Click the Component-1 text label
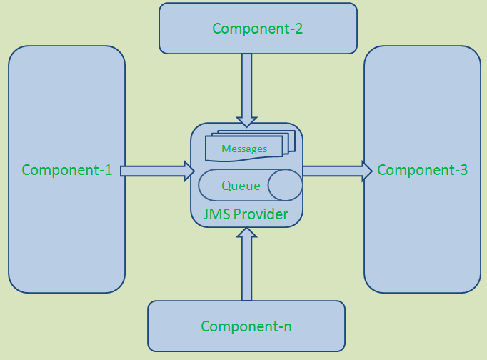click(67, 170)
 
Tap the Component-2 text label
click(258, 29)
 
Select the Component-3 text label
click(422, 170)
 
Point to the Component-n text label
click(246, 326)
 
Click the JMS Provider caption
click(246, 214)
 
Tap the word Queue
click(241, 186)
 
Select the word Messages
click(244, 149)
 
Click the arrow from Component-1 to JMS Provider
click(154, 171)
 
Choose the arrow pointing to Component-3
click(336, 171)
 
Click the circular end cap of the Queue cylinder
click(285, 185)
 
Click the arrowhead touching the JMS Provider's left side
click(189, 171)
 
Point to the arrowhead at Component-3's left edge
click(367, 171)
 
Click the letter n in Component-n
click(287, 327)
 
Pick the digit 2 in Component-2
click(298, 29)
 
